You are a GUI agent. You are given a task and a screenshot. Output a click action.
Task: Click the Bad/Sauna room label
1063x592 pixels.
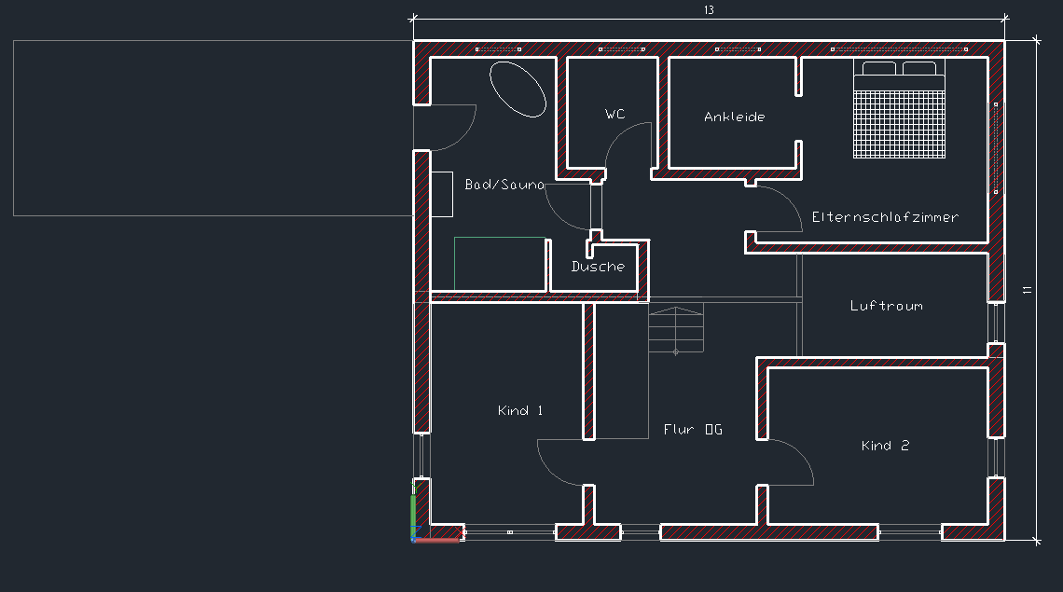pos(504,185)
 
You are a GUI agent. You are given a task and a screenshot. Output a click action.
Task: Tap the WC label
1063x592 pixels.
pos(614,115)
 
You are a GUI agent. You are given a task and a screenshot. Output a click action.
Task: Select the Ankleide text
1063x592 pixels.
pos(735,117)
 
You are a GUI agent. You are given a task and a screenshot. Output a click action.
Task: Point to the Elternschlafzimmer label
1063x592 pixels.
pos(885,217)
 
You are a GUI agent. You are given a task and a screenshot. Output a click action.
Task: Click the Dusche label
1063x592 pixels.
pos(598,267)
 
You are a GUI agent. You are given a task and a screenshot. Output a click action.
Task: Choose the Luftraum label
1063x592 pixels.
pos(886,306)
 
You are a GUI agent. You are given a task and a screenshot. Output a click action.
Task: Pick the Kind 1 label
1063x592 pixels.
pos(520,411)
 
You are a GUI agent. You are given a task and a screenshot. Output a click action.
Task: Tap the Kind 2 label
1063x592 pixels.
pos(885,447)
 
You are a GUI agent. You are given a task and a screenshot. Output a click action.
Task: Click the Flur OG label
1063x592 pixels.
pos(693,430)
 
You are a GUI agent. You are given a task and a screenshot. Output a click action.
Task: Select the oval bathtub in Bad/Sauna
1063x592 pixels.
pos(518,89)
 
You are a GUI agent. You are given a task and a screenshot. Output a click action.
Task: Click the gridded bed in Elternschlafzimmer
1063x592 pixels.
pos(899,110)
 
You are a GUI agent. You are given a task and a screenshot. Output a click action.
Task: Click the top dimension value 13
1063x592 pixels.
pos(709,10)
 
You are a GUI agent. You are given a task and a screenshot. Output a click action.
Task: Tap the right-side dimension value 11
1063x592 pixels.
pos(1028,290)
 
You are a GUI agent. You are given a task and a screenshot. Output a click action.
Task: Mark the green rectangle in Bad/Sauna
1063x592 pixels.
pos(500,263)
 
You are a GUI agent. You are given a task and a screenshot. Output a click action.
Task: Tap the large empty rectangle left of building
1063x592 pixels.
pos(213,128)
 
